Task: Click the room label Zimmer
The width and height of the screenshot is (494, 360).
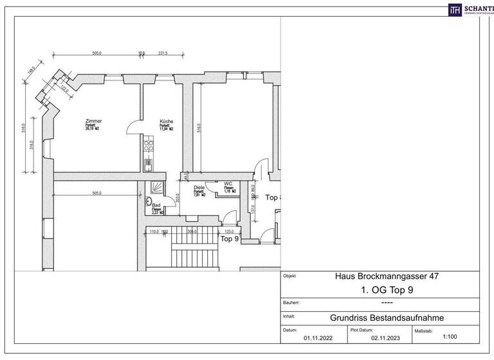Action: [93, 121]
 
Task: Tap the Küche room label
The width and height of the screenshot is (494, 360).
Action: [167, 121]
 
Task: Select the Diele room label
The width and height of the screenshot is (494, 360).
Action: [199, 187]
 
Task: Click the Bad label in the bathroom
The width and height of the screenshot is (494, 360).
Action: [156, 204]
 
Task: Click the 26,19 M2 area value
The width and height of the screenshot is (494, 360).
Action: [94, 129]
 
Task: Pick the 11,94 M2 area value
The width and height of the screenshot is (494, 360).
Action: [167, 129]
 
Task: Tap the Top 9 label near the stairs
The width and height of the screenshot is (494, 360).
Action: [230, 239]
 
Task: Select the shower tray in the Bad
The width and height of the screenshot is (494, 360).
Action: [156, 188]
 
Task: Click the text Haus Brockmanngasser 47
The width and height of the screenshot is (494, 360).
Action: [379, 276]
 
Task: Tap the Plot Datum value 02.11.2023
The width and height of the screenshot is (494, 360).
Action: [383, 335]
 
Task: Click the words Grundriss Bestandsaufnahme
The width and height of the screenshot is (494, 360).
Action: [380, 316]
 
